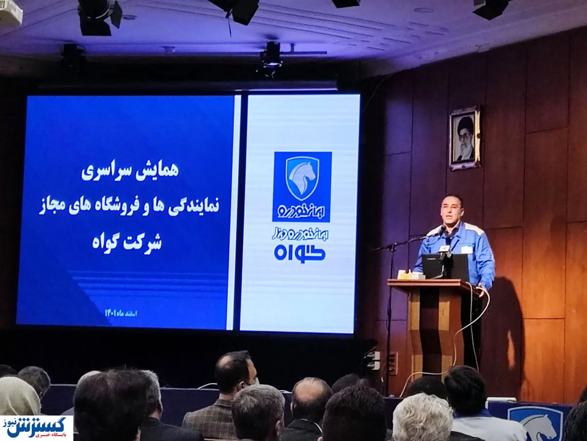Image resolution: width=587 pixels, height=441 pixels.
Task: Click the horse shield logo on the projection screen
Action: click(302, 178)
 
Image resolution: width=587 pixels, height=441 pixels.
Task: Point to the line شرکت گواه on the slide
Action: click(127, 242)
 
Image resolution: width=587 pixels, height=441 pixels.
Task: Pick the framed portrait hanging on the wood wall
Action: click(464, 138)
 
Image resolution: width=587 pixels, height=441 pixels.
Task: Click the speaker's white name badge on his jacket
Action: click(467, 249)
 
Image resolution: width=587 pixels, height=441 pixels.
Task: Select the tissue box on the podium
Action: click(410, 275)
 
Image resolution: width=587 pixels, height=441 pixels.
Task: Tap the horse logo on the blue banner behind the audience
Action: click(535, 422)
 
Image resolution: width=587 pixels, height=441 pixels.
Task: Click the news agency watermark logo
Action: click(37, 428)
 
